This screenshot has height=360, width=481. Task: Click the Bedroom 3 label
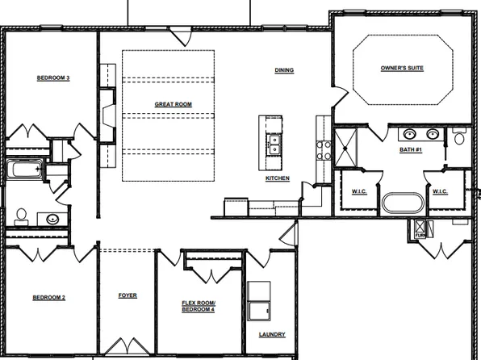coord(53,78)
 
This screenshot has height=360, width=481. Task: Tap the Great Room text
coord(173,104)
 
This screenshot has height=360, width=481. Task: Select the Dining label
coord(284,70)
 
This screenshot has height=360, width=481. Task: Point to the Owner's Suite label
coord(402,68)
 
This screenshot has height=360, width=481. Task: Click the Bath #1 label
coord(410,150)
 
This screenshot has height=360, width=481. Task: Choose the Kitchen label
coord(278,178)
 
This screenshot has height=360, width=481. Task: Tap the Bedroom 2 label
coord(48,297)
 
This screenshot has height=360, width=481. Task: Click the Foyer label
coord(128,295)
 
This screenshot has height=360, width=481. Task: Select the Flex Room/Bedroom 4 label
coord(199,306)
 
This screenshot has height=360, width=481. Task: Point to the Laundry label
coord(272,335)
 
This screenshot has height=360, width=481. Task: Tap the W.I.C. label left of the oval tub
coord(359,191)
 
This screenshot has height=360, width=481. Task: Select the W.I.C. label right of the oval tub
coord(440,191)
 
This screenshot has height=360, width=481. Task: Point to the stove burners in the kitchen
coord(324,148)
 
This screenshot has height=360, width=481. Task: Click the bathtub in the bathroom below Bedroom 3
coord(25,170)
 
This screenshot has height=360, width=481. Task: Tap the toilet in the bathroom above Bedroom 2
coord(21,216)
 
